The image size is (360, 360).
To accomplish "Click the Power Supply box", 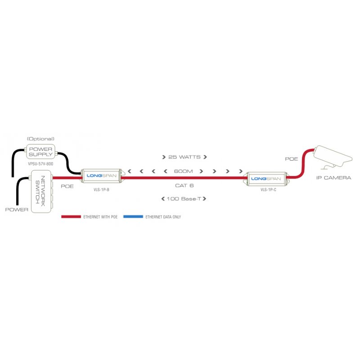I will [x=41, y=152].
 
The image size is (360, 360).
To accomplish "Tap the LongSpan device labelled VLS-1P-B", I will [x=101, y=177].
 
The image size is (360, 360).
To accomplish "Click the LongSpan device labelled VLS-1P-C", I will [x=265, y=178].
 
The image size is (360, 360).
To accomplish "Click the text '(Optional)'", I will [x=40, y=139].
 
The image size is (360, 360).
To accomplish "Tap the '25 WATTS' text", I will [x=184, y=157].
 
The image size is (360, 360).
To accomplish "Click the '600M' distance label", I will [x=184, y=171].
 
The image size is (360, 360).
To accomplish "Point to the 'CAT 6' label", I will [x=184, y=185].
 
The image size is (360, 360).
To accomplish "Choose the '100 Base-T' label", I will [x=184, y=198].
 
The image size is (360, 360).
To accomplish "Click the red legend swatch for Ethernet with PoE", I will [x=71, y=216].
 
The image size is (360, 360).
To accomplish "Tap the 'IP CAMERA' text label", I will [x=333, y=178].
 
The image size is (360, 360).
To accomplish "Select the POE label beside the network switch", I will [x=67, y=185].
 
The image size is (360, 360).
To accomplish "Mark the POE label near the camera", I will [x=292, y=159].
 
